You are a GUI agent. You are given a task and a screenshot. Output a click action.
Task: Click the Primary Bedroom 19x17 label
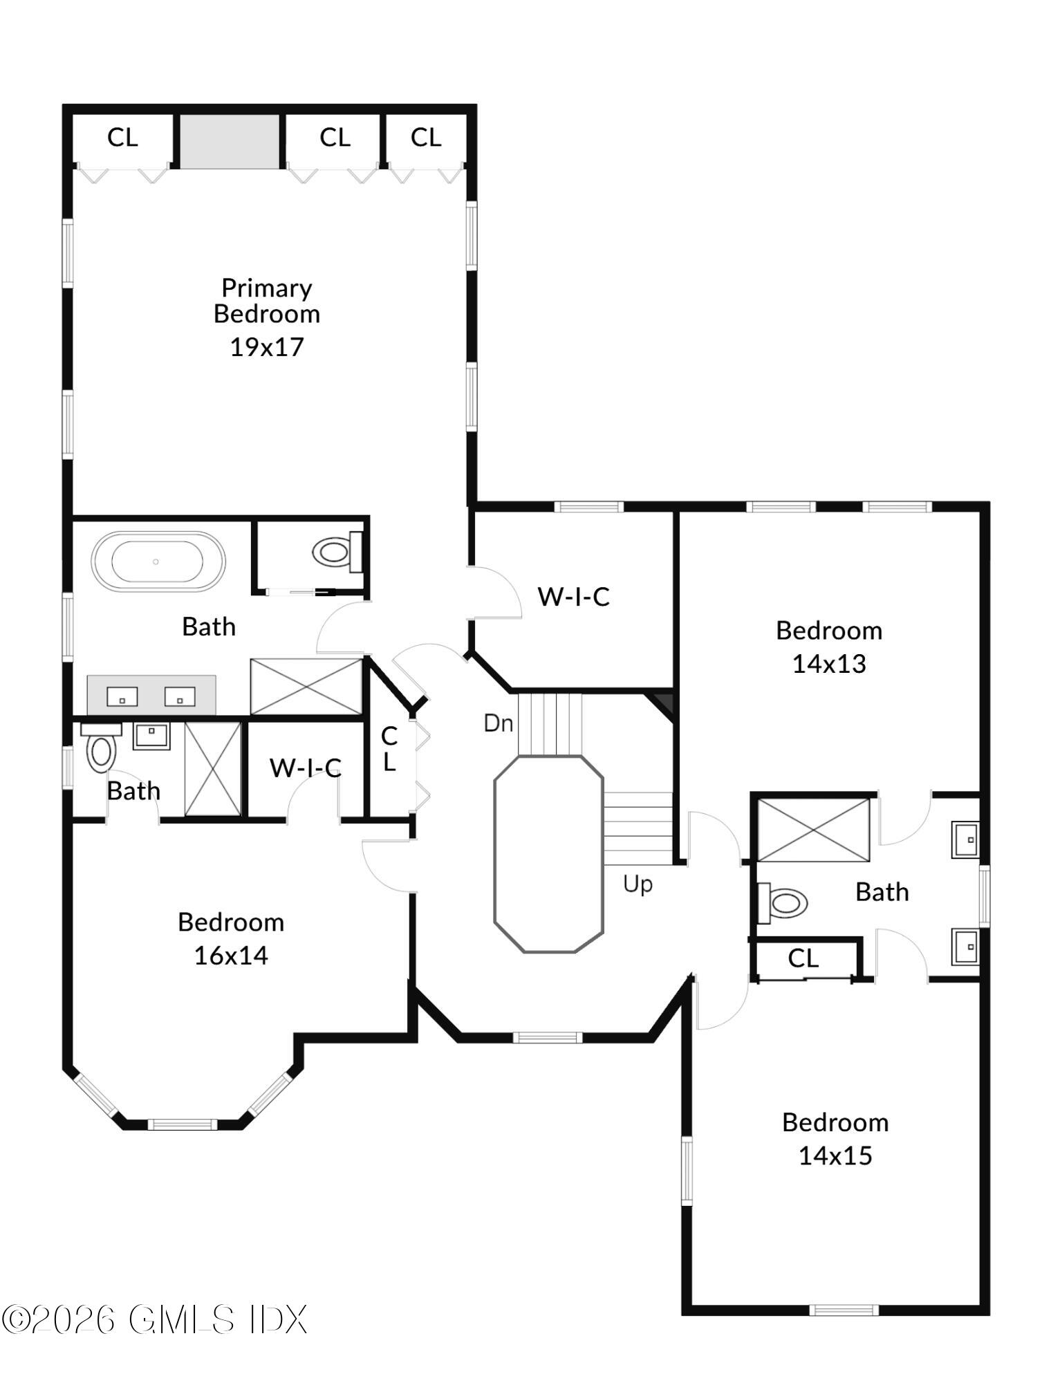(x=266, y=317)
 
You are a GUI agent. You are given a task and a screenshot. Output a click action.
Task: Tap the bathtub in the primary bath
(x=158, y=561)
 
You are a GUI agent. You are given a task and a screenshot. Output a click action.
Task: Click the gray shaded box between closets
(x=230, y=141)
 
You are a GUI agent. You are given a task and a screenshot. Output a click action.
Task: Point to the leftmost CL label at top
(x=122, y=138)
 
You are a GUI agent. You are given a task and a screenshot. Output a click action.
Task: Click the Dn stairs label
(x=498, y=723)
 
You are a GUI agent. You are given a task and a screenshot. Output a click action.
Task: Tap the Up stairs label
(x=637, y=884)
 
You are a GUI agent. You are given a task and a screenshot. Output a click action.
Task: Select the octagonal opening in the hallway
(x=548, y=854)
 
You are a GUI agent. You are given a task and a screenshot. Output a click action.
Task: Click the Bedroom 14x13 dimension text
(x=828, y=664)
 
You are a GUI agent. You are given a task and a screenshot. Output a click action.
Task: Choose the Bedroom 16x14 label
(x=230, y=938)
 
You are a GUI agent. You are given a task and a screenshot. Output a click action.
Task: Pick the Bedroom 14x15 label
(x=835, y=1138)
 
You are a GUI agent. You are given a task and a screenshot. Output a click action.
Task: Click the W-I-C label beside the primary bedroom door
(x=573, y=597)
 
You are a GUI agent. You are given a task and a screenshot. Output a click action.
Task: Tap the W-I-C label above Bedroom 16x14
(x=305, y=768)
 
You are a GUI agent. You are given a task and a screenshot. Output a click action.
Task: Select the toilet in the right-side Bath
(x=784, y=903)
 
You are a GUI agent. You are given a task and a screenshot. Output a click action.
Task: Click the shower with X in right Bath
(x=813, y=830)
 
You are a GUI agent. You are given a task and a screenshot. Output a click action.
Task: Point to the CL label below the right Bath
(x=803, y=958)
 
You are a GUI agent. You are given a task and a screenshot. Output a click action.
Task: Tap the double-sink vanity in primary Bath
(x=151, y=696)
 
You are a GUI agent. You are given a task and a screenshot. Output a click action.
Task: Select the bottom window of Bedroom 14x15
(x=844, y=1310)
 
